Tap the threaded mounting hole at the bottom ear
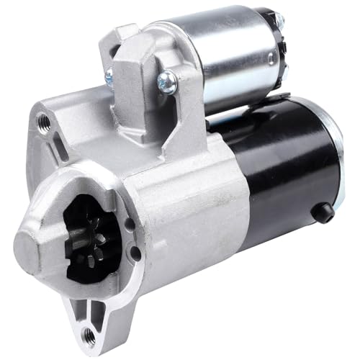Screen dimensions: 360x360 (88, 333)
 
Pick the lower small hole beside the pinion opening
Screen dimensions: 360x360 (134, 253)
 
